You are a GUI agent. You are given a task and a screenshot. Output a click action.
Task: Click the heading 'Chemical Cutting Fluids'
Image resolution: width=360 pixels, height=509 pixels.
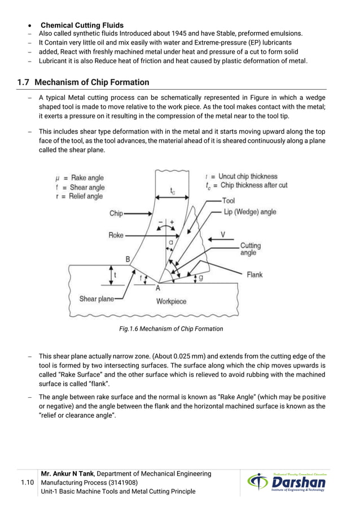click(82, 25)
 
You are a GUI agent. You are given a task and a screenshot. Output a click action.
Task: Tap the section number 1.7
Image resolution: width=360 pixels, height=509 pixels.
click(23, 82)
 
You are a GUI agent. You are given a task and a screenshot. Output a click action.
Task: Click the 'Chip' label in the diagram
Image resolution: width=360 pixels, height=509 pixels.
click(116, 214)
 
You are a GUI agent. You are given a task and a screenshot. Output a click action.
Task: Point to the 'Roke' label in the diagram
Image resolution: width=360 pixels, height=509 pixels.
click(116, 235)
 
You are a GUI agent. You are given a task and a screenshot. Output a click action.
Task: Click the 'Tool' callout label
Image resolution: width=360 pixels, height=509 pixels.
click(229, 200)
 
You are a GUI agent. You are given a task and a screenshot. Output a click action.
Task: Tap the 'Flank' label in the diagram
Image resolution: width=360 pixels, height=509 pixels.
click(254, 275)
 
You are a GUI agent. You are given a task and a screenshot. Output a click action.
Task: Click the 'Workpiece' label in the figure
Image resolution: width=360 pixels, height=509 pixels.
click(171, 301)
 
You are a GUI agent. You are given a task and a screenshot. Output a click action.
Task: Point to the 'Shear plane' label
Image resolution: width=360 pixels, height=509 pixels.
click(96, 299)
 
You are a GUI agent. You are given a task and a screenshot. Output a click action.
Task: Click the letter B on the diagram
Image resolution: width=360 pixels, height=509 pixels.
click(128, 259)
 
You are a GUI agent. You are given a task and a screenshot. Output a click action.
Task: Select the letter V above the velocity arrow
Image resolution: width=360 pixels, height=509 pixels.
click(223, 234)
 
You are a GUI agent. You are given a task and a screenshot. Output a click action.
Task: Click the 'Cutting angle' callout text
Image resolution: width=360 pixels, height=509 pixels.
click(251, 249)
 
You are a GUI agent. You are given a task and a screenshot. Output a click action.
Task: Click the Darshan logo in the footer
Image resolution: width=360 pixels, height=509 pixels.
click(287, 483)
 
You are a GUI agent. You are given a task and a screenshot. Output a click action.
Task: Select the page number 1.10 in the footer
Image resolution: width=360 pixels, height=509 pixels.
click(27, 483)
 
